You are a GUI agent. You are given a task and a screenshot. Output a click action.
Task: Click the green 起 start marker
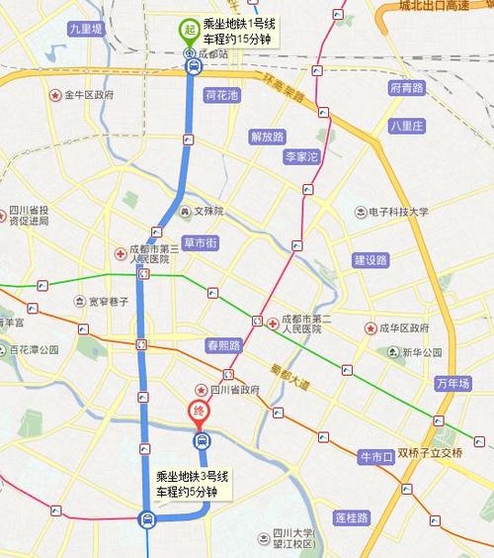[188, 30]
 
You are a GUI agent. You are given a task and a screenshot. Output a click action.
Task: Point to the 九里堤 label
[86, 31]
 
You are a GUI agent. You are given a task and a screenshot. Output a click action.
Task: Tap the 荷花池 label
[222, 96]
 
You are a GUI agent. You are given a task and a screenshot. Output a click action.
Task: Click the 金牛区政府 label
[89, 96]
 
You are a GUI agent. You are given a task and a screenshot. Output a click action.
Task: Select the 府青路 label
[407, 88]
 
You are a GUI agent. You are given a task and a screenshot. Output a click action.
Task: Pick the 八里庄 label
[406, 126]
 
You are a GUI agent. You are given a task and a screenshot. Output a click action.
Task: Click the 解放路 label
[267, 137]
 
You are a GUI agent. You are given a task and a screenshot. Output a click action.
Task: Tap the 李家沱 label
[301, 157]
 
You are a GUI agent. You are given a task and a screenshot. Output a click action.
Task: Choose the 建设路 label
[370, 260]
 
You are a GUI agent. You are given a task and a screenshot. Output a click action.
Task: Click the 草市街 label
[201, 242]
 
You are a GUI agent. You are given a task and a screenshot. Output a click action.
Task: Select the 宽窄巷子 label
[110, 301]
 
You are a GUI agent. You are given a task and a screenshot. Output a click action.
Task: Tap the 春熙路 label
[224, 345]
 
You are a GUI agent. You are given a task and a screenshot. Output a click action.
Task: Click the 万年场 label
[453, 383]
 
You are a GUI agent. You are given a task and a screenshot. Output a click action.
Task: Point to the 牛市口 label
[375, 456]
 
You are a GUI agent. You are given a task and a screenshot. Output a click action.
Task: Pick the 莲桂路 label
[351, 517]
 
